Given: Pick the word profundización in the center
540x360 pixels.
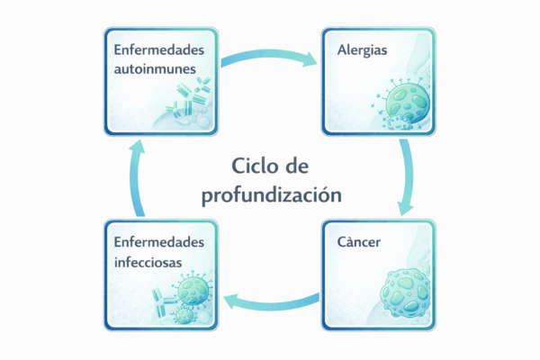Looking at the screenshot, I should pyautogui.click(x=271, y=193).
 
